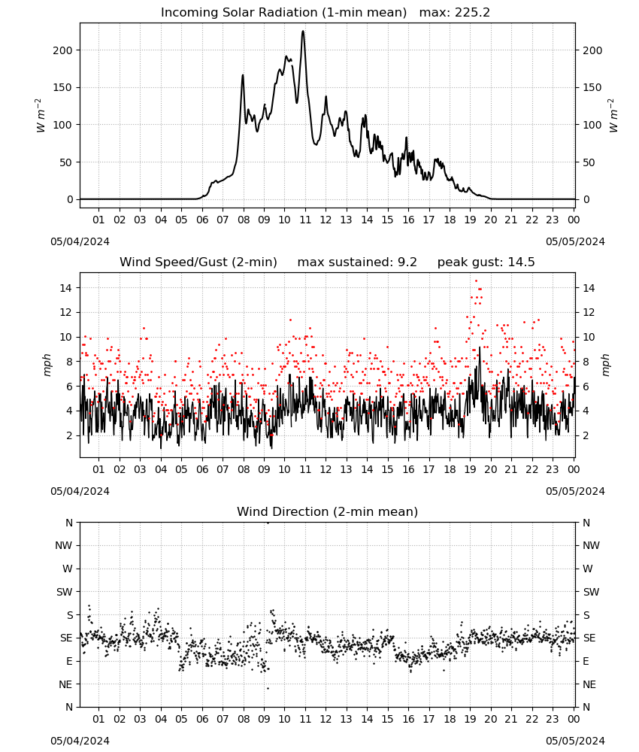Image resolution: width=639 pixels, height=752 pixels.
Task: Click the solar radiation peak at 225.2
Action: coord(303,32)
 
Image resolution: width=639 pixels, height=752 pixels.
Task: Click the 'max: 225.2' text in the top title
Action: coord(455,13)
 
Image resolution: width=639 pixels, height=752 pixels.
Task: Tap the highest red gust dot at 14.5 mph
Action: coord(476,281)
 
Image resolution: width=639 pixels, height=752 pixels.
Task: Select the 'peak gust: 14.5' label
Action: coord(486,262)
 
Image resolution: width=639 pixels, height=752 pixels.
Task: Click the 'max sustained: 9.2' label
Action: coord(357,262)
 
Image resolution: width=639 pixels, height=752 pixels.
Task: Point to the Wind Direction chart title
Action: coord(328,511)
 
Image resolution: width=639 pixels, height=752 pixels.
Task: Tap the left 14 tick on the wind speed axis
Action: coord(65,288)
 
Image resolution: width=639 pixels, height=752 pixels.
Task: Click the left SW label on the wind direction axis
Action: coord(65,592)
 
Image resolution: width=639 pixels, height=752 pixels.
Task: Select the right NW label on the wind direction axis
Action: coord(591,545)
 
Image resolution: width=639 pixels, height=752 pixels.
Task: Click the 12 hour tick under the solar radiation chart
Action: coord(326,220)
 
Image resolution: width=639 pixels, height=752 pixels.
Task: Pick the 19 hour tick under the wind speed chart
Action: coord(470,469)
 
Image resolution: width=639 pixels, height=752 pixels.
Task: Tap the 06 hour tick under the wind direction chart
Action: coord(202,719)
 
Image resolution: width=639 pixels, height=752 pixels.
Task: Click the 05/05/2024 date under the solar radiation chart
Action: coord(575,241)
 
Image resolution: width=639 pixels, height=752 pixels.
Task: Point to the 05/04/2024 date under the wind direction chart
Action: coord(80,741)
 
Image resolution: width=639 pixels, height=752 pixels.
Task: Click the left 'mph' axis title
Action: coord(47,365)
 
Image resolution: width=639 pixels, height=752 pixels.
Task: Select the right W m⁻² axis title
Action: coord(613,116)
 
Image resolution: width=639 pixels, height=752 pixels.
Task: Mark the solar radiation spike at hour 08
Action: coord(243,75)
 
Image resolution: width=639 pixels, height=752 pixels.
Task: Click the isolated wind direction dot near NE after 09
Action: coord(268,688)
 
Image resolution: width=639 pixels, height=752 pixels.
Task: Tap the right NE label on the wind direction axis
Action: coord(589,684)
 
